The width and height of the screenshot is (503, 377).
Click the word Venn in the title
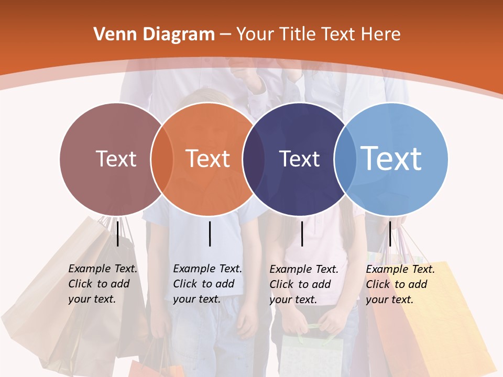point(110,35)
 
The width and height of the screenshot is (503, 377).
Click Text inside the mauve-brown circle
point(116,159)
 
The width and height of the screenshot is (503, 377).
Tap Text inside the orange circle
point(208,159)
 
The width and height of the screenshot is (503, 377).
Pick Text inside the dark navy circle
point(299,159)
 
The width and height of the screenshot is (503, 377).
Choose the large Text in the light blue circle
point(391,158)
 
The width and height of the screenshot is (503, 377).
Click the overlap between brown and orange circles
point(162,159)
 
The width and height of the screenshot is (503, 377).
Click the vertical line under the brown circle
point(118,234)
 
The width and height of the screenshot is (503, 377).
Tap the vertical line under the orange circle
point(210,234)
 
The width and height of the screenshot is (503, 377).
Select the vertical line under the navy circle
point(302,234)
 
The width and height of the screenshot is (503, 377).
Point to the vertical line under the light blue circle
point(390,234)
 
